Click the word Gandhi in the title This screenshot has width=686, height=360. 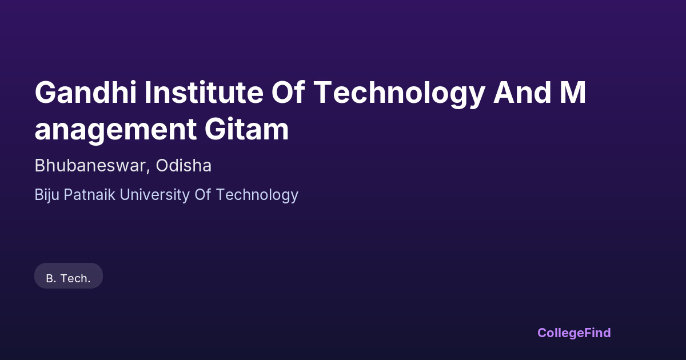click(85, 93)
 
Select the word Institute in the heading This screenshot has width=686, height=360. click(204, 93)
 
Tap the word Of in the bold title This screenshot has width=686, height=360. click(288, 93)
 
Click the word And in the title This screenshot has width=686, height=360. click(522, 93)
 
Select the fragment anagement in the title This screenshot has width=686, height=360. click(115, 131)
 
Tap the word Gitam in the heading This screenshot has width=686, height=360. click(246, 129)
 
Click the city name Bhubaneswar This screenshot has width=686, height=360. click(90, 166)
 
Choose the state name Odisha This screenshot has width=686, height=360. click(184, 166)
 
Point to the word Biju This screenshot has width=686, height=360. click(47, 195)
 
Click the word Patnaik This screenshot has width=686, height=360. click(89, 194)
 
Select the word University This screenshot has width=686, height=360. click(155, 195)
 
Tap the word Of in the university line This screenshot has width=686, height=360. click(203, 194)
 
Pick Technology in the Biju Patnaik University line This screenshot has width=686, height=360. click(257, 195)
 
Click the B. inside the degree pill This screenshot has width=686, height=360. click(51, 279)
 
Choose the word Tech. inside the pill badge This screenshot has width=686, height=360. click(75, 279)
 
